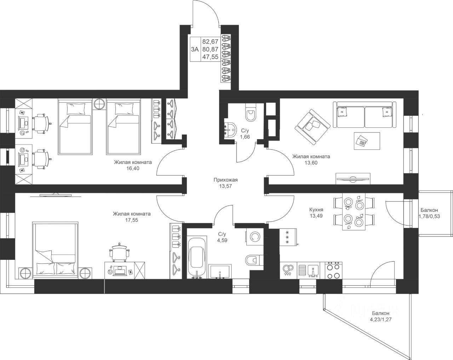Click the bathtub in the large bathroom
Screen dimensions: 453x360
tap(197, 257)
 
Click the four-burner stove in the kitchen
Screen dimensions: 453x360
tap(334, 270)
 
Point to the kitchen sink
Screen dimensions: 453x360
tap(309, 270)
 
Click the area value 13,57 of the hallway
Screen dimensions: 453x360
tap(225, 186)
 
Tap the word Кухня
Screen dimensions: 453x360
tap(316, 210)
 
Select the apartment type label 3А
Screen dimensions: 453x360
tap(195, 49)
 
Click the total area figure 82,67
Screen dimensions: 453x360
tap(210, 41)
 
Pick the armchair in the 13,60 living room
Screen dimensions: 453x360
tap(312, 127)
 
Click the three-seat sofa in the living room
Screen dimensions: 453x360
tap(365, 115)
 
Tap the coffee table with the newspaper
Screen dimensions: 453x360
tap(367, 141)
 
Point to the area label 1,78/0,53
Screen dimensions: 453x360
tap(429, 216)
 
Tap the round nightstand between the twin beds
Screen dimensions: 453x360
tap(99, 104)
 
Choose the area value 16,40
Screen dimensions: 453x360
tap(133, 168)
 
